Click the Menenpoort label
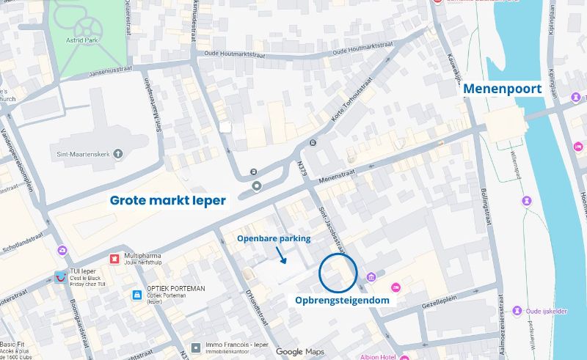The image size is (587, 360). [503, 89]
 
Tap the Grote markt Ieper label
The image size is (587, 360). [168, 200]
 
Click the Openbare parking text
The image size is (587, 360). [274, 239]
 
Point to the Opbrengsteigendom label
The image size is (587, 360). [342, 300]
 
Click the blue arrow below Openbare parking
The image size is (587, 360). [281, 255]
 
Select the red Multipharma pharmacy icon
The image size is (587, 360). [114, 259]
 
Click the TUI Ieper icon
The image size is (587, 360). [61, 276]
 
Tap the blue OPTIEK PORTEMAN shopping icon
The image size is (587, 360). [136, 295]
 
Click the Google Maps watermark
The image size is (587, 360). [299, 353]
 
